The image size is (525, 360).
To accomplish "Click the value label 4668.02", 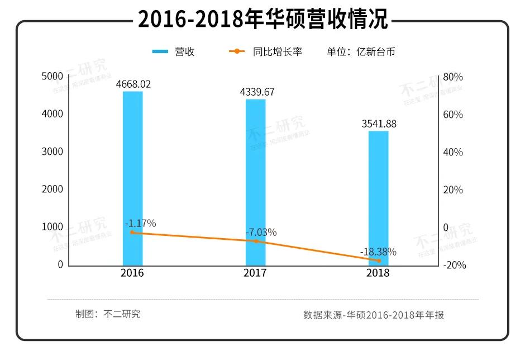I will (x=133, y=84).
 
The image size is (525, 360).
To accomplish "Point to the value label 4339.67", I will (x=257, y=92).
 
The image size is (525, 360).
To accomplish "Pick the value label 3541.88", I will (x=378, y=124).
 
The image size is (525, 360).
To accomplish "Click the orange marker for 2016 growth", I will (x=132, y=232).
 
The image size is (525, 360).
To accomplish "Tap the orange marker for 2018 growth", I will (x=379, y=260).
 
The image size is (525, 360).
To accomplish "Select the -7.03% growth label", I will (x=261, y=232).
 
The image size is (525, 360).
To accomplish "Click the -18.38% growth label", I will (x=378, y=252).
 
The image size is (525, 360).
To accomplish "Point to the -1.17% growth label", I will (x=140, y=223).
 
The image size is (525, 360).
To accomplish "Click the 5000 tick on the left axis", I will (x=52, y=77).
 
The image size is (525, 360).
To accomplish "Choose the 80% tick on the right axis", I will (x=452, y=77).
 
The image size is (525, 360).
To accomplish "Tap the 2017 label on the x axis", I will (x=255, y=273).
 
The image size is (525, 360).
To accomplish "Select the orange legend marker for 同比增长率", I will (x=237, y=51).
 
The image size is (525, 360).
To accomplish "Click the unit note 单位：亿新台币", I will (x=361, y=51).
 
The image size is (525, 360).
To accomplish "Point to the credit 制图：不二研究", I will (x=108, y=314).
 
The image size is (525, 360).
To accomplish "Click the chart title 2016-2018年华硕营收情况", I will (x=262, y=20).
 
